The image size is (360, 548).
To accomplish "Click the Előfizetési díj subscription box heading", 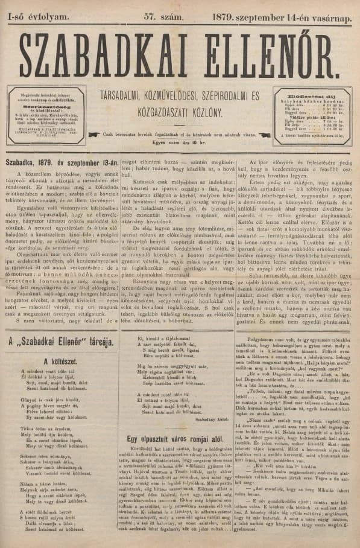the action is click(x=305, y=95).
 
